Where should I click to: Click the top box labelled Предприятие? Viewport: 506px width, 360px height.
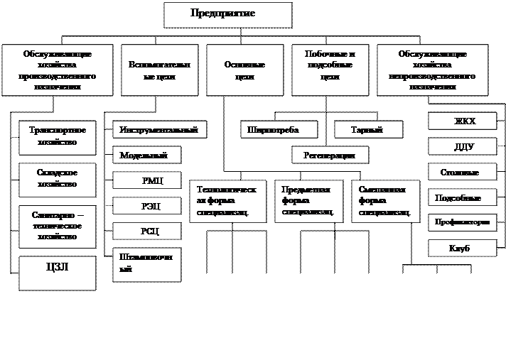click(227, 15)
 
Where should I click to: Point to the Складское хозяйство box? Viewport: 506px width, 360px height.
click(58, 180)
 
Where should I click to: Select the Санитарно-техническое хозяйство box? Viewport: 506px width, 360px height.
click(58, 226)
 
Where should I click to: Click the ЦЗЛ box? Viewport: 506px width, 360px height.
click(58, 273)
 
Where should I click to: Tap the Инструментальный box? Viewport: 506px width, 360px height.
click(160, 129)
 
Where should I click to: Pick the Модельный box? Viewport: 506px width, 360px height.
click(146, 155)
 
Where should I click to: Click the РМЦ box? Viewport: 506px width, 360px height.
click(146, 180)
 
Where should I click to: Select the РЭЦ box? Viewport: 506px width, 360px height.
click(146, 206)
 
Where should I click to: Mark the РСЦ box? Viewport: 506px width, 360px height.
click(146, 231)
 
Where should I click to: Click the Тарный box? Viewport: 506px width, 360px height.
click(368, 129)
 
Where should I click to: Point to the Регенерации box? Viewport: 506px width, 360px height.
click(330, 154)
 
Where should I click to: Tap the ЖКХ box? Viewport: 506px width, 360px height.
click(462, 121)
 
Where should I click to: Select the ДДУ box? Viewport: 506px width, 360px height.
click(462, 147)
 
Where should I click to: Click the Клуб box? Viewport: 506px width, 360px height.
click(462, 248)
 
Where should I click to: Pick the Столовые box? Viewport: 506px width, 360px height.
click(462, 173)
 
